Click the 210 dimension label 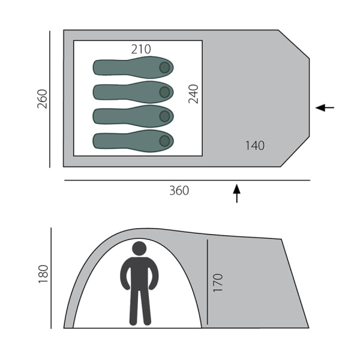[x=141, y=49]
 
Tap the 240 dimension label [x=193, y=94]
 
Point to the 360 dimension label [x=179, y=191]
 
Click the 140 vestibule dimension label [x=254, y=145]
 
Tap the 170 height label [x=217, y=283]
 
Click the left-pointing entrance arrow [x=325, y=108]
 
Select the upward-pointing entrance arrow [x=236, y=193]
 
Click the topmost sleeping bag [x=133, y=67]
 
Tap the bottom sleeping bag [x=133, y=141]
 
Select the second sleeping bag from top [x=133, y=92]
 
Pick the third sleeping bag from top [x=133, y=116]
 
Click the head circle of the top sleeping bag [x=164, y=67]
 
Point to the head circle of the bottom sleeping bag [x=164, y=141]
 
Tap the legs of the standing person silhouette [x=140, y=306]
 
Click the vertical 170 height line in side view [x=207, y=282]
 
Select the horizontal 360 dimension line [x=186, y=180]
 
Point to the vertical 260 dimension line [x=50, y=99]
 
